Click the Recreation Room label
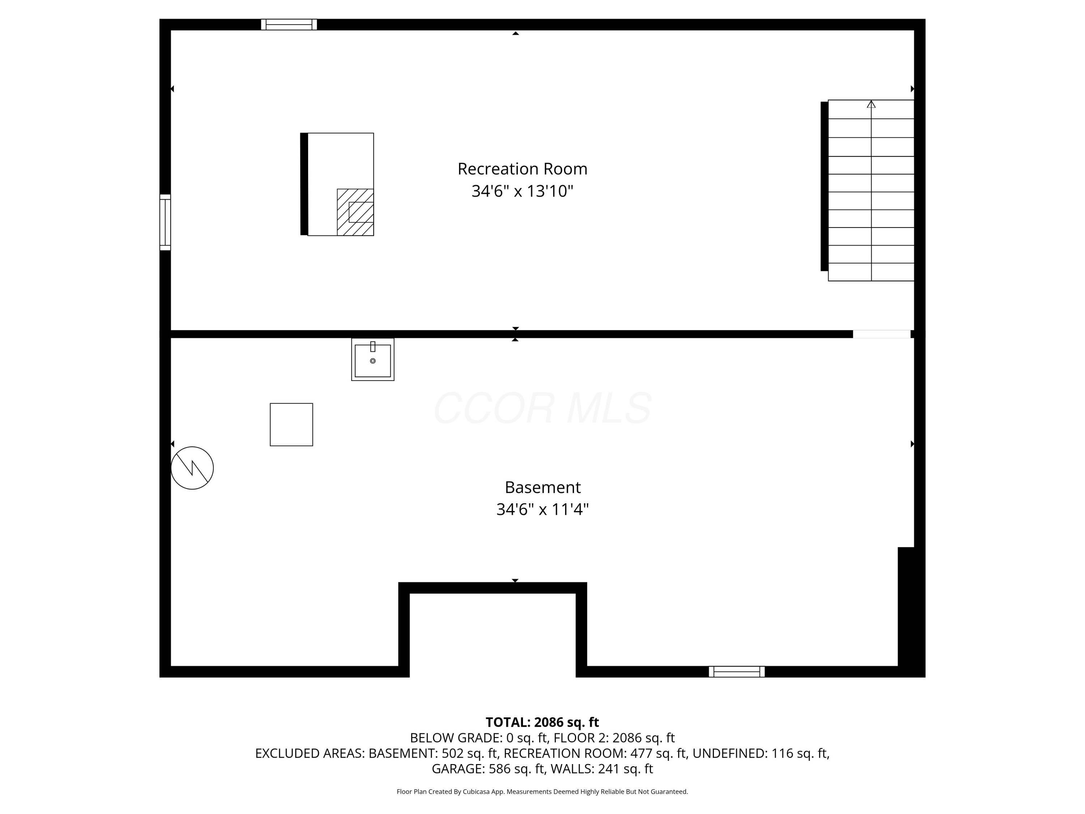click(522, 169)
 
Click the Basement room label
click(542, 487)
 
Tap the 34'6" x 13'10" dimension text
click(522, 191)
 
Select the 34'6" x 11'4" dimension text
click(542, 509)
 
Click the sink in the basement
click(373, 360)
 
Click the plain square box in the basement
click(292, 424)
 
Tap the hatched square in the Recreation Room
click(355, 212)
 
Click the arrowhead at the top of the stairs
click(871, 104)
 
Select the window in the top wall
click(289, 25)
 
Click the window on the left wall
click(165, 222)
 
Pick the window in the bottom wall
click(737, 672)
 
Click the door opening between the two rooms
click(881, 334)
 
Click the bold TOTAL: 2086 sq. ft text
click(542, 722)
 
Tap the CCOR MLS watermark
click(542, 408)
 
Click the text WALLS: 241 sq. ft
click(602, 769)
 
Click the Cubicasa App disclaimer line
click(542, 792)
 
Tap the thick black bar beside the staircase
click(824, 186)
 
